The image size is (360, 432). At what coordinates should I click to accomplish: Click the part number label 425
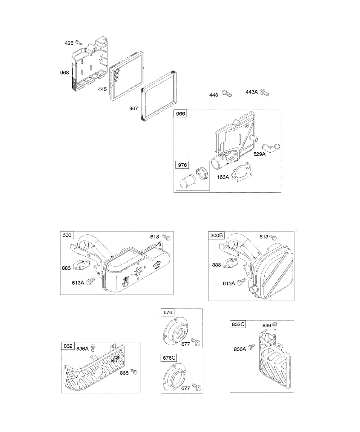69,43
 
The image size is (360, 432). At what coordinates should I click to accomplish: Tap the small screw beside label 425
78,44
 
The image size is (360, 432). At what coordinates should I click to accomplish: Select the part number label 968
64,73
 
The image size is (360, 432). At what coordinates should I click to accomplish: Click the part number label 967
134,108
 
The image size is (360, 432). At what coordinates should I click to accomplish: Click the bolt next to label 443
227,94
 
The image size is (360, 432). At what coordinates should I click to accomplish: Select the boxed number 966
180,114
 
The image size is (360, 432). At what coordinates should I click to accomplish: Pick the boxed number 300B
216,236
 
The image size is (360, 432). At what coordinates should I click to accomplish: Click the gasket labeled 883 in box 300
82,266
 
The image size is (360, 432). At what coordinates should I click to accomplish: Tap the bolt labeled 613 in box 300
166,237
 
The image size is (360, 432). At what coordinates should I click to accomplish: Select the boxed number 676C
169,358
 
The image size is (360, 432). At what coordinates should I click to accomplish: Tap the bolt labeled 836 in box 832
135,371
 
